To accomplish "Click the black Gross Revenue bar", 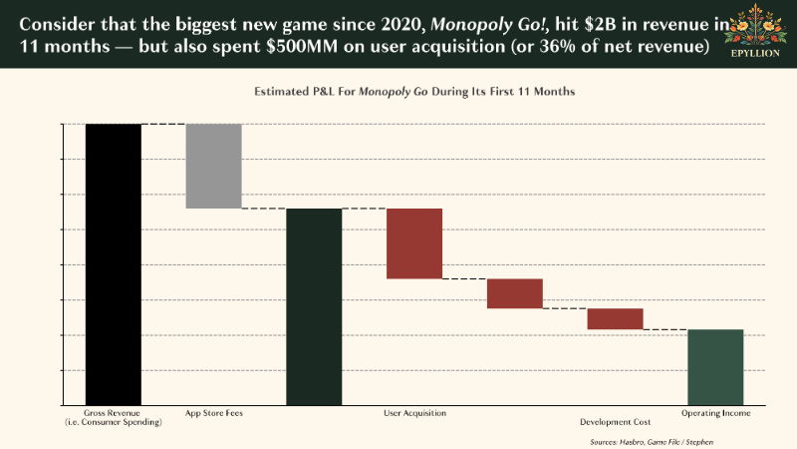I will click(113, 264).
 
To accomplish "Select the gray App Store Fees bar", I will click(213, 166).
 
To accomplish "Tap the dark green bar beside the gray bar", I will click(314, 306).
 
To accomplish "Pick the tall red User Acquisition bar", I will click(414, 243).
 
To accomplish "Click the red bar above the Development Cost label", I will click(615, 318).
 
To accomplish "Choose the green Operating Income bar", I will click(715, 366).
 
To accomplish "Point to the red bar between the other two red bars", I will click(514, 293).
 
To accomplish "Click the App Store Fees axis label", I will click(214, 413).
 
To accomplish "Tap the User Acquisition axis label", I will click(414, 413).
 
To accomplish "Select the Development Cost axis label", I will click(615, 422).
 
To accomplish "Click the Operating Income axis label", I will click(715, 413).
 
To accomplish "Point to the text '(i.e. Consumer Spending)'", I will click(113, 422).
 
